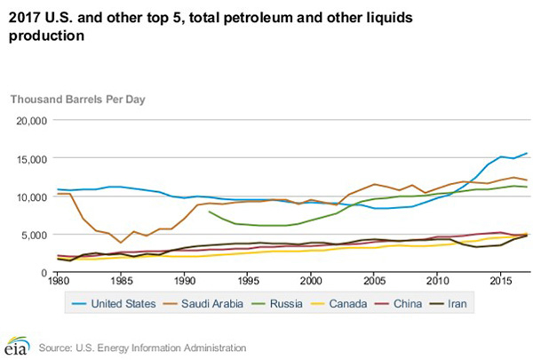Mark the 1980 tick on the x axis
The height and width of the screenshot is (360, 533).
point(59,281)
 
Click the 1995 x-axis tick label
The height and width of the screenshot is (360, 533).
point(248,281)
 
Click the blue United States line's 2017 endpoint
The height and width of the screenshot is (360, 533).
point(526,154)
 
